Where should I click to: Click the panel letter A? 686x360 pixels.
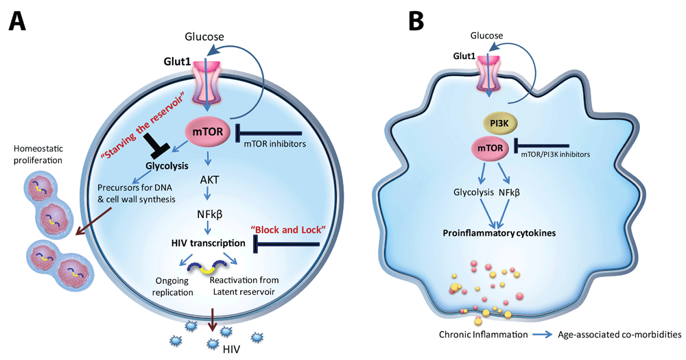pyautogui.click(x=19, y=22)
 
